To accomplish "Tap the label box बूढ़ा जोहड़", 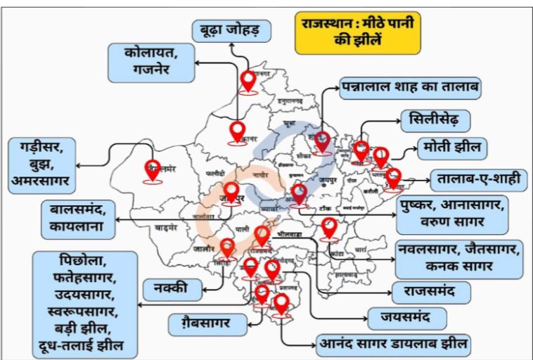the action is click(x=231, y=31).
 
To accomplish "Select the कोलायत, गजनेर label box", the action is click(x=150, y=62).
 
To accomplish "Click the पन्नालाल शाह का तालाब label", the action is click(x=410, y=89).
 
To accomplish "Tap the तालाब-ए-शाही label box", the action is click(x=478, y=180).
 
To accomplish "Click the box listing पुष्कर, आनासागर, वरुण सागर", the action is click(x=451, y=215).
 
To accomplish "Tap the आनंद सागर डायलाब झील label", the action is click(x=393, y=345).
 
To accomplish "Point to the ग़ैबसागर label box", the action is click(x=208, y=324).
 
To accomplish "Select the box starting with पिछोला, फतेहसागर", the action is click(x=85, y=304).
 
